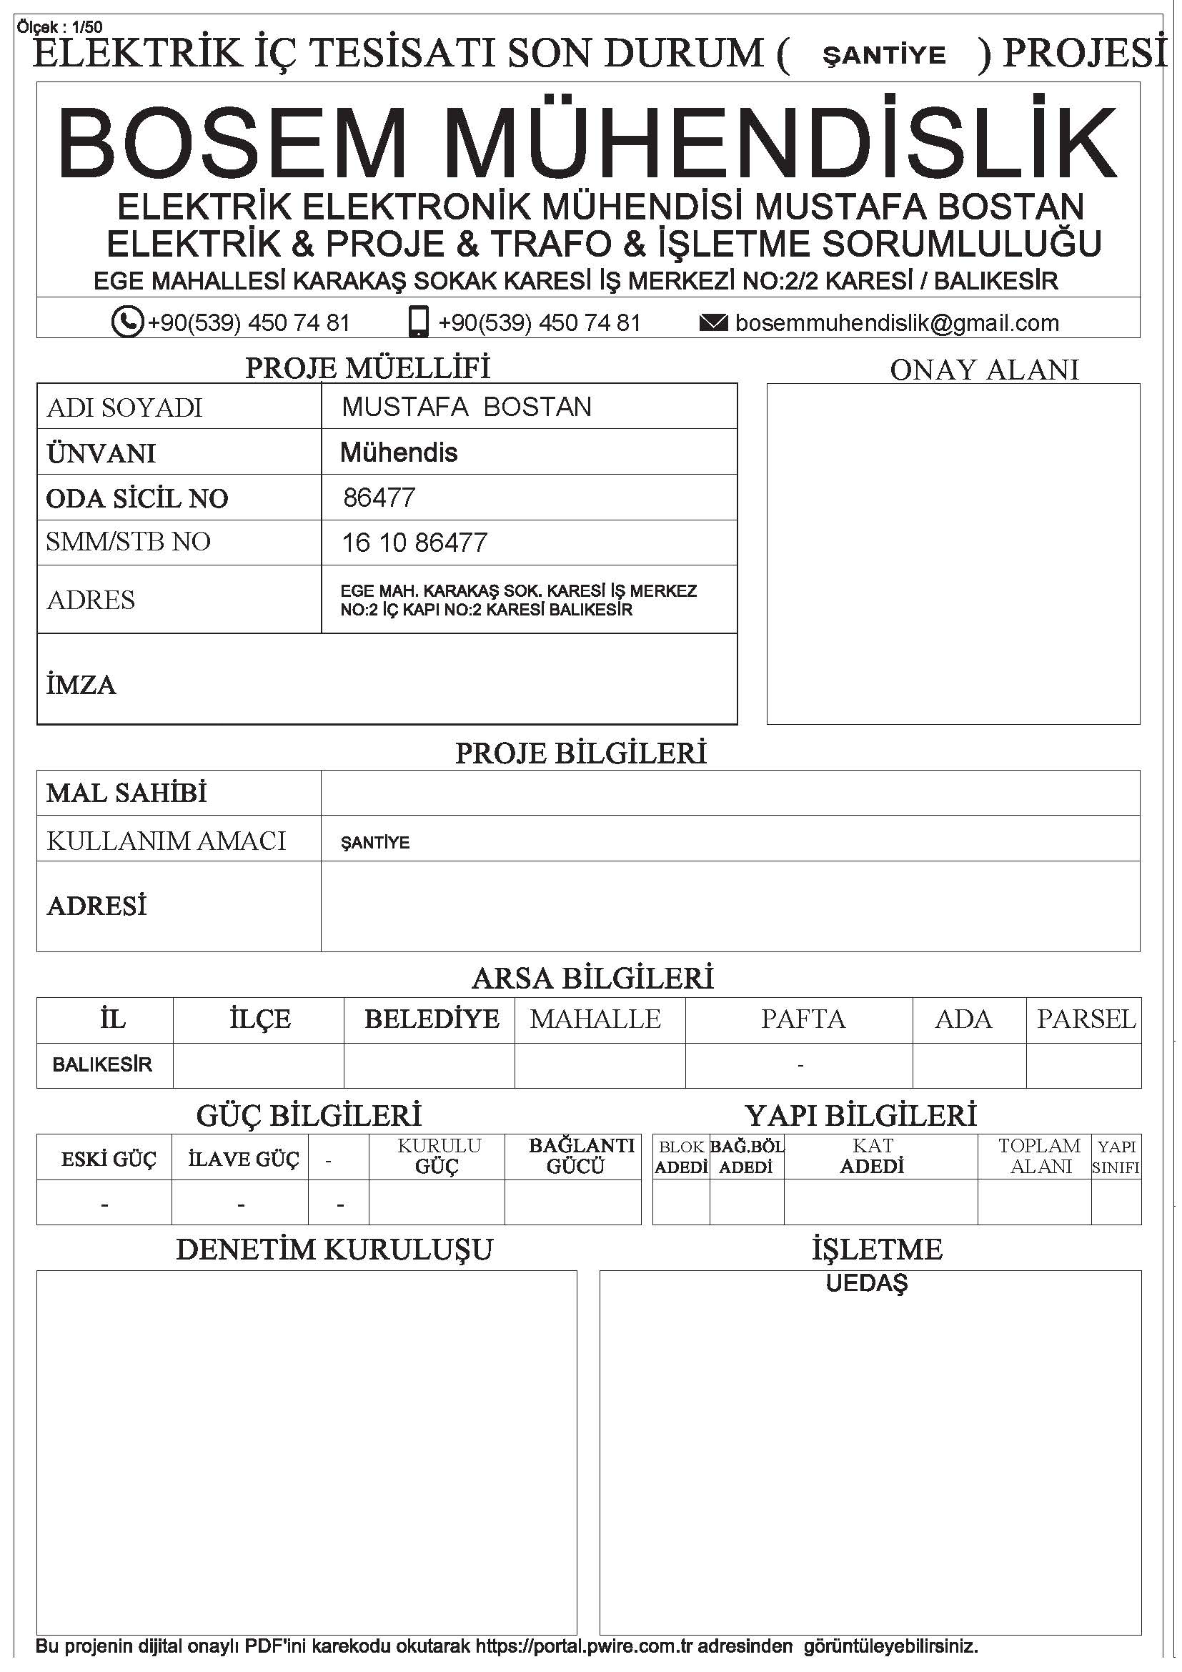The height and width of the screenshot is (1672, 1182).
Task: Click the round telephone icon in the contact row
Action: [x=127, y=322]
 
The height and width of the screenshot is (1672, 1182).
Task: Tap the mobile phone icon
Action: [x=419, y=322]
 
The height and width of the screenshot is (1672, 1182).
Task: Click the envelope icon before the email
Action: [x=712, y=322]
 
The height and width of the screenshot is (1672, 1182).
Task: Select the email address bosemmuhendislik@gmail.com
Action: [x=897, y=322]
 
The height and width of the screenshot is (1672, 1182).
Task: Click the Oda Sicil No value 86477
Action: [x=379, y=498]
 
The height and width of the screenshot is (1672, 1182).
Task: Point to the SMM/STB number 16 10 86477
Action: [x=414, y=543]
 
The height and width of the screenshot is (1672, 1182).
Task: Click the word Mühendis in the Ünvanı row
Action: [x=399, y=452]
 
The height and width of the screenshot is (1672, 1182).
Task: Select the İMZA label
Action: [x=81, y=685]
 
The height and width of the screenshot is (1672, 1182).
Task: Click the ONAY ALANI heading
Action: [x=984, y=370]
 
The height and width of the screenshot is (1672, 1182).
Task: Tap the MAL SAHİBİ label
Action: [x=126, y=792]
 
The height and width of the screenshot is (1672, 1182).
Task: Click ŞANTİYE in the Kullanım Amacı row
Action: [x=375, y=843]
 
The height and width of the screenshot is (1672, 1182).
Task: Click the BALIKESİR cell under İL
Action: [x=102, y=1064]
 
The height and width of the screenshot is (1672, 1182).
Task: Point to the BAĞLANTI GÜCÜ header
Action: [x=581, y=1156]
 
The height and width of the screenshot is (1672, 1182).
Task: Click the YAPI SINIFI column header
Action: [x=1116, y=1157]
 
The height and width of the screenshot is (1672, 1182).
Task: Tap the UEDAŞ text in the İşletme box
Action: [x=866, y=1283]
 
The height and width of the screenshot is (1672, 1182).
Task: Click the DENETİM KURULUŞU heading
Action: [x=334, y=1249]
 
